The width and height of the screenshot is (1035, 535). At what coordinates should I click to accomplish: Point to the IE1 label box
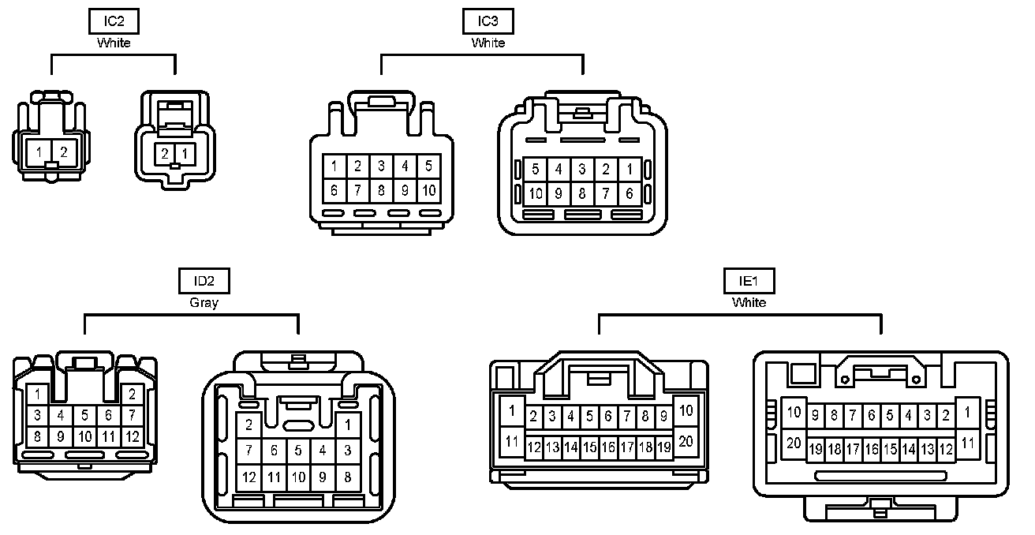tap(749, 282)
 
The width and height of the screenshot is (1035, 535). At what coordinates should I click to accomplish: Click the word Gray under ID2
tap(204, 302)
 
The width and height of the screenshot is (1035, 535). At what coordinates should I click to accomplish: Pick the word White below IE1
tap(749, 302)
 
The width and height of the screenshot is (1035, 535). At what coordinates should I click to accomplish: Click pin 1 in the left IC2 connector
tap(39, 152)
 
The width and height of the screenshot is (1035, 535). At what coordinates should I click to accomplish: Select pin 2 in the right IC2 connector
tap(165, 153)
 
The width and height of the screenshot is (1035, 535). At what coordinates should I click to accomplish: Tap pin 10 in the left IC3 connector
tap(429, 190)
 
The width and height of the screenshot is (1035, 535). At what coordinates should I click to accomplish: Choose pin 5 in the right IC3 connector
tap(535, 169)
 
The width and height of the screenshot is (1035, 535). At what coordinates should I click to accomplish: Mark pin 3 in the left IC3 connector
tap(382, 166)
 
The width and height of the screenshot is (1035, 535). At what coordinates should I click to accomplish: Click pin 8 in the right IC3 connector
tap(582, 193)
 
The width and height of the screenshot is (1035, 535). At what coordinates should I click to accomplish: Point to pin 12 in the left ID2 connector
tap(133, 436)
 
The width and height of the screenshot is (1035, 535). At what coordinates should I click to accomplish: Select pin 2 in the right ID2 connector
tap(248, 425)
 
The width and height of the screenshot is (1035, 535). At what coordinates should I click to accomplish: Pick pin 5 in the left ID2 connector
tap(84, 415)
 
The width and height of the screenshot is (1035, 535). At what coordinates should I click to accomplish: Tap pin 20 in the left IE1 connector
tap(686, 441)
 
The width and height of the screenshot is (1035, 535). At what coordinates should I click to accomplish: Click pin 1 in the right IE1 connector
tap(968, 411)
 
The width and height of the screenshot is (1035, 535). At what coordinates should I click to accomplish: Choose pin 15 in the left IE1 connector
tap(589, 447)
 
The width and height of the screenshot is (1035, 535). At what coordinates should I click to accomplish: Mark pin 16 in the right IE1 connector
tap(872, 449)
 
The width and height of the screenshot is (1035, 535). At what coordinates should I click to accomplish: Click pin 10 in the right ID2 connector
tap(298, 477)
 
